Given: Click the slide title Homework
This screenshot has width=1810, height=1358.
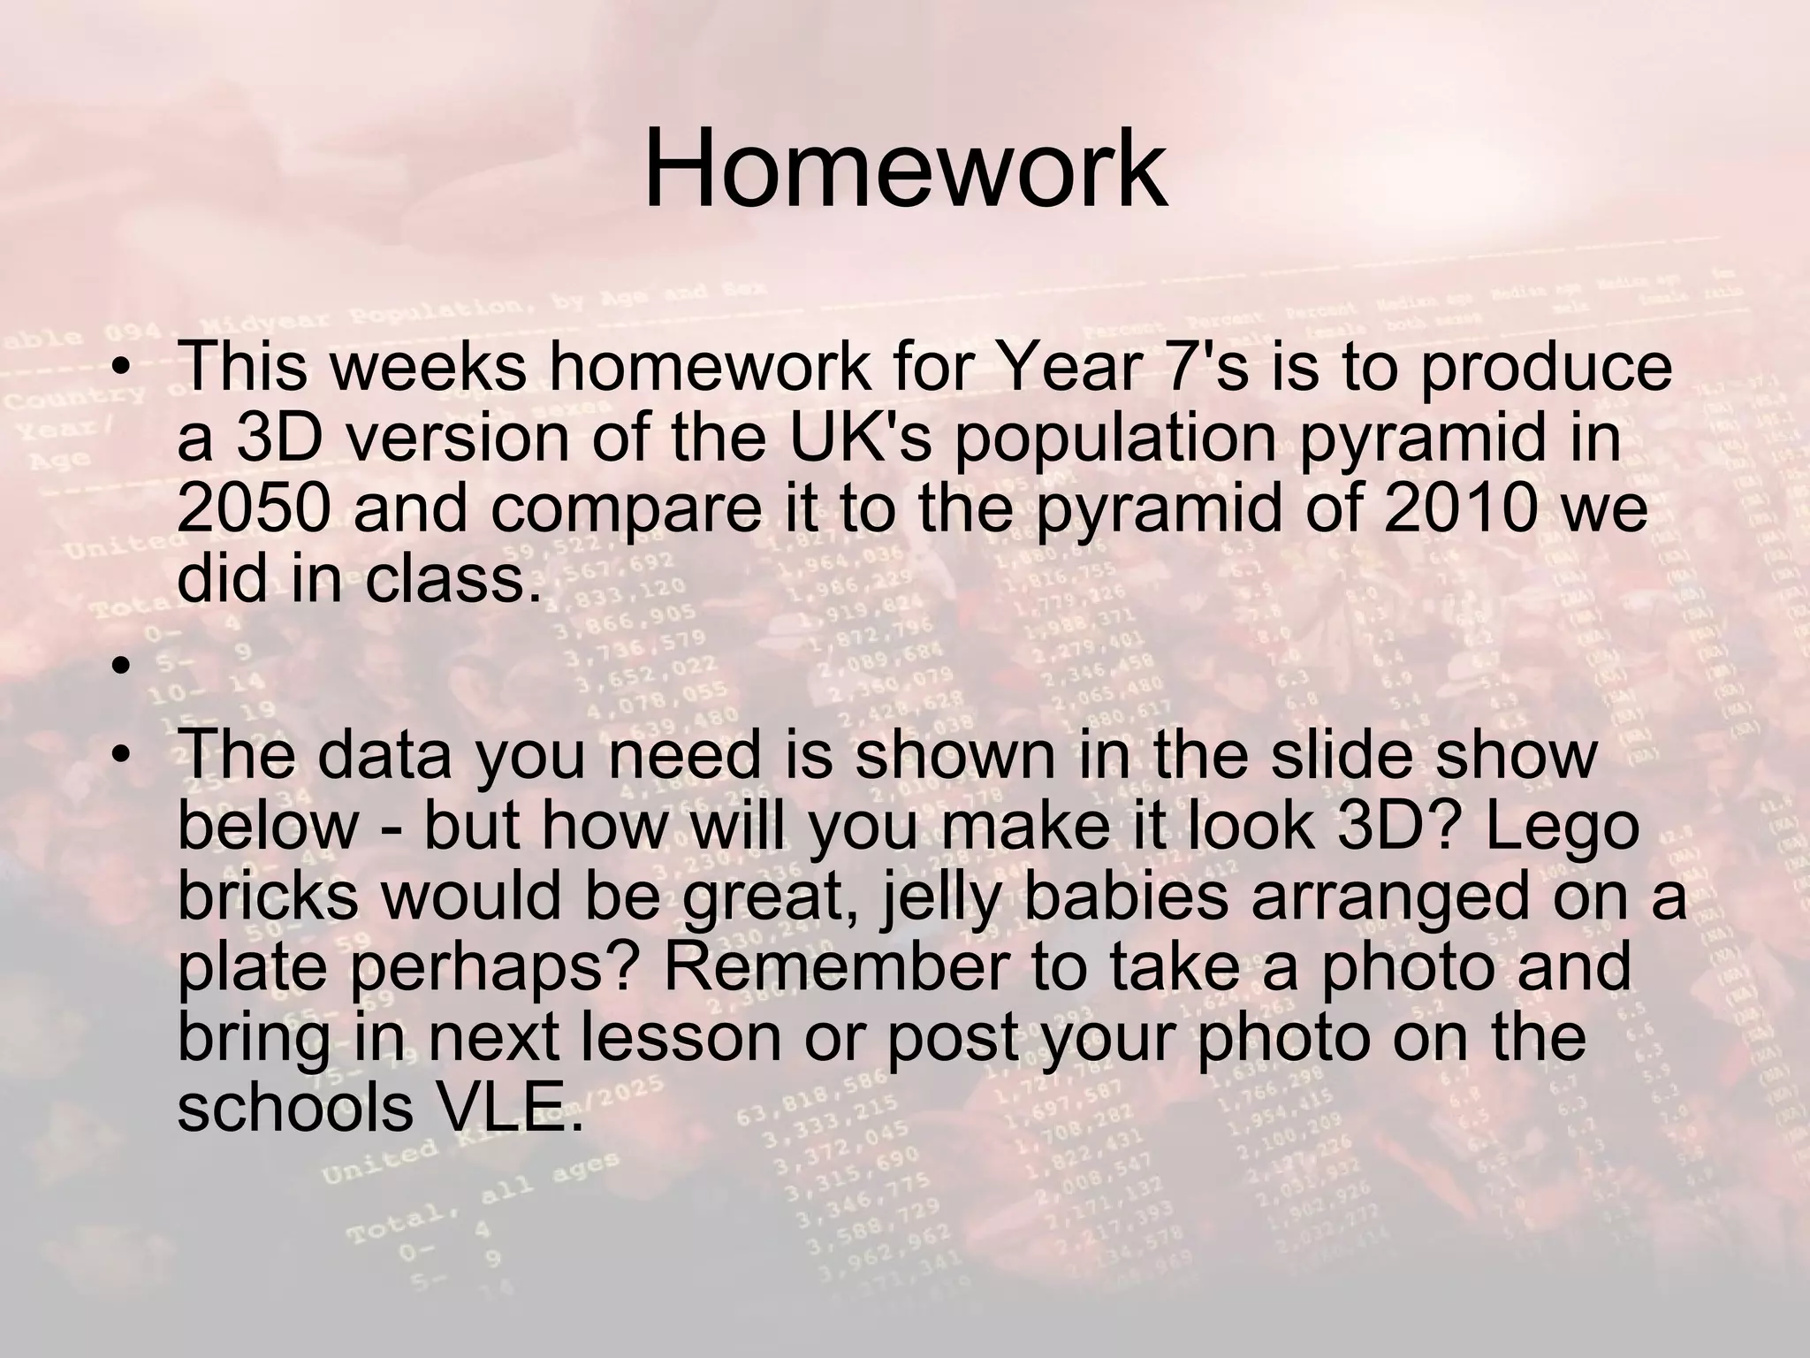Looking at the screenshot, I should pyautogui.click(x=905, y=168).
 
